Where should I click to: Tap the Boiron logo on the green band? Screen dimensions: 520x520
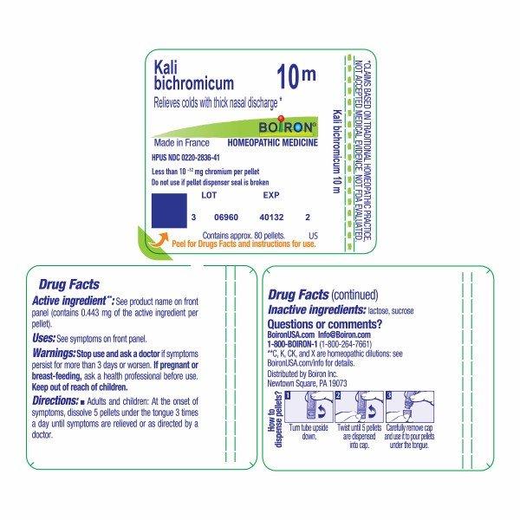pos(283,126)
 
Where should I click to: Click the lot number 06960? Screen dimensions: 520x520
pos(225,218)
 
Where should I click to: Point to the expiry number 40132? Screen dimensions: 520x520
pos(272,218)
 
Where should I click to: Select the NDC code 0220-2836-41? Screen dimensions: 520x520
pos(205,157)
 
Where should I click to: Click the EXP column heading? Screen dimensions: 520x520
pos(270,196)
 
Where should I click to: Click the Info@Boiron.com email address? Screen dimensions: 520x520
pos(348,335)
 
